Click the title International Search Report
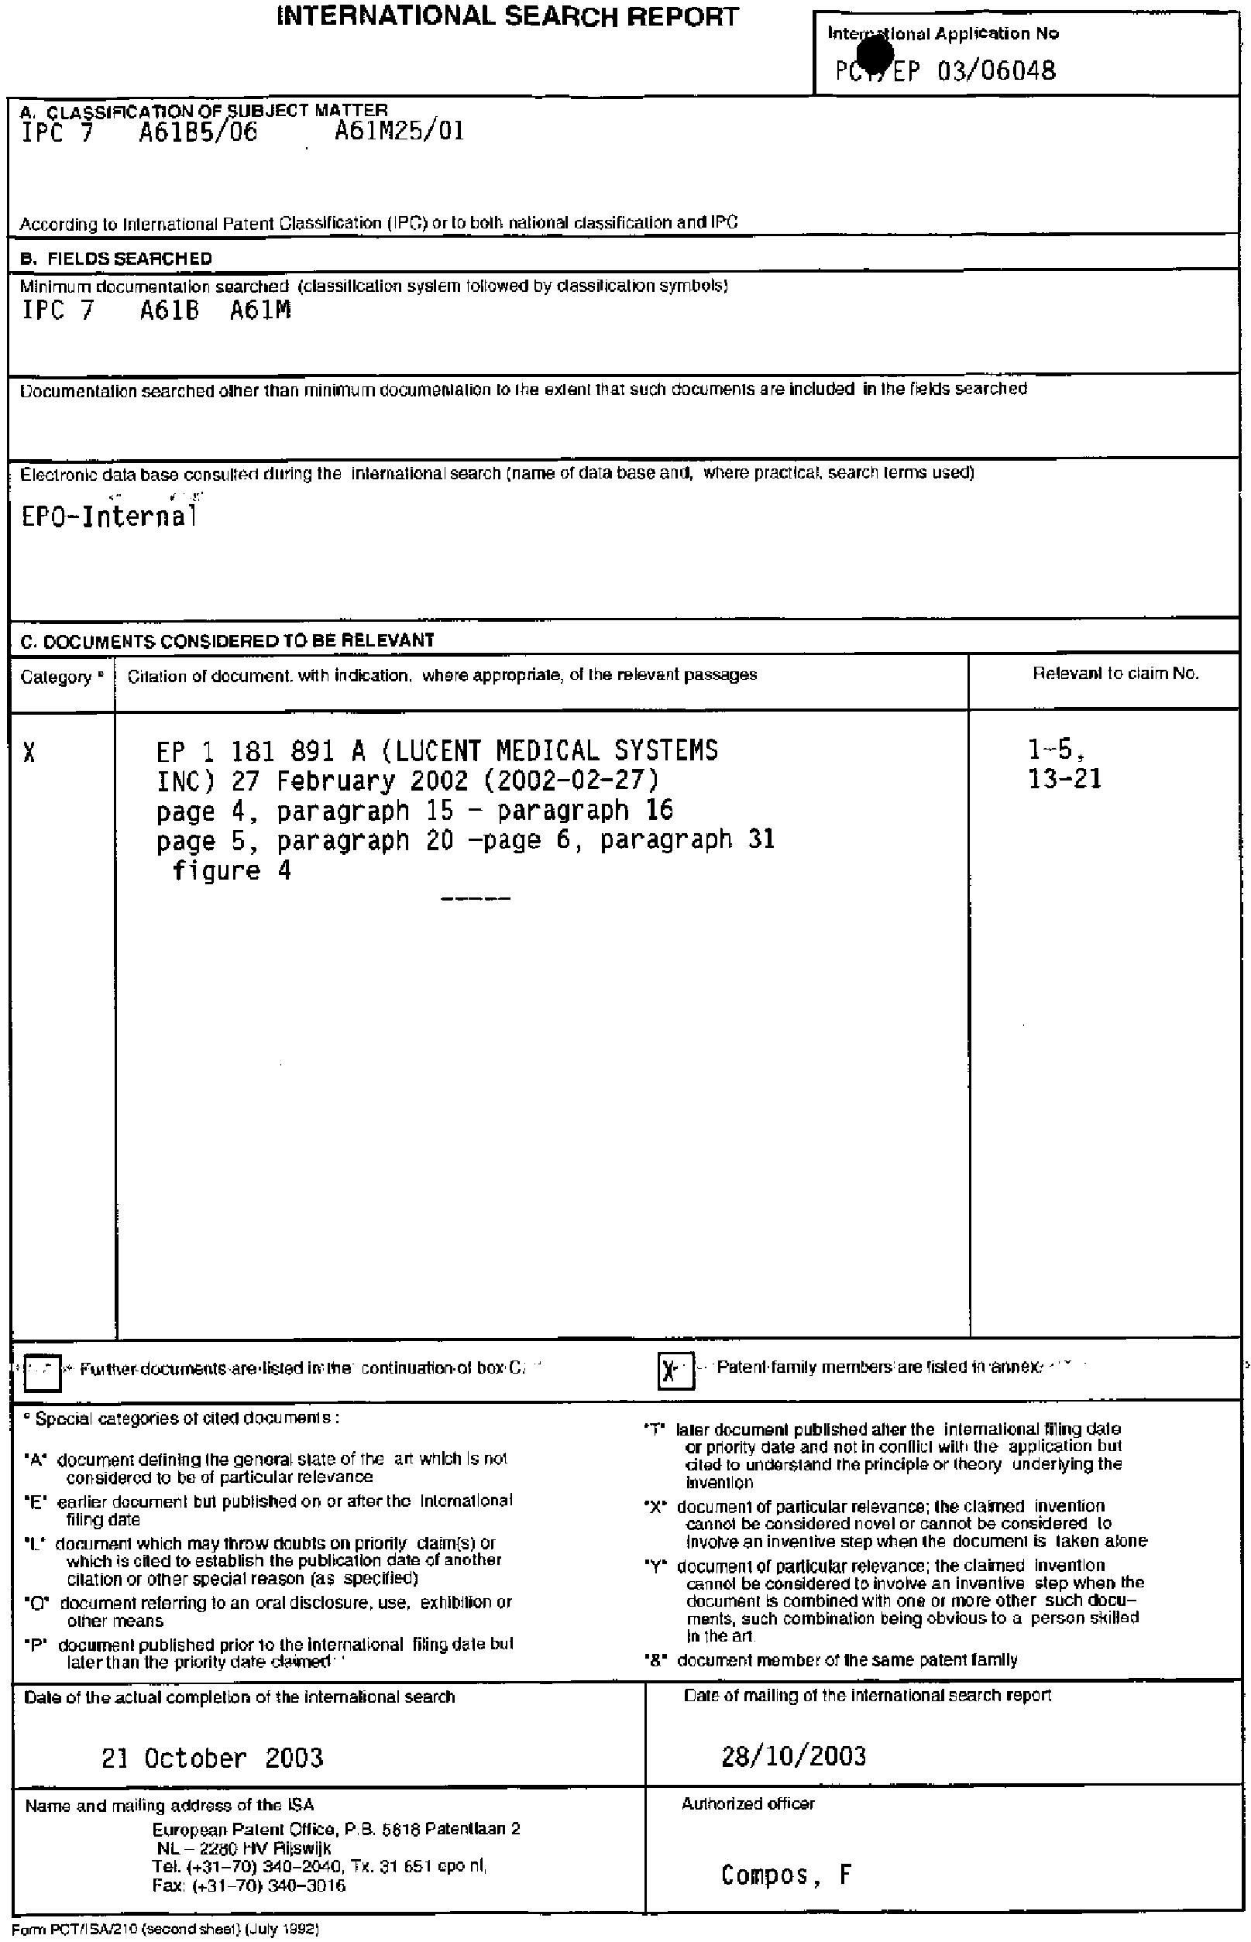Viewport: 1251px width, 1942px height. tap(507, 17)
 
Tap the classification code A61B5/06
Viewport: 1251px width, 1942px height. tap(198, 132)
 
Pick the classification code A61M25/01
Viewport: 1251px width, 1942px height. tap(399, 132)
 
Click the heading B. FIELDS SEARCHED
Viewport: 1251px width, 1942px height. tap(115, 259)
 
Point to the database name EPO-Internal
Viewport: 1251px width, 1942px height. tap(109, 517)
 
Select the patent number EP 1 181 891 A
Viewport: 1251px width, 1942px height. tap(260, 751)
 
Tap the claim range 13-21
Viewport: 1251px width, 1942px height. tap(1064, 781)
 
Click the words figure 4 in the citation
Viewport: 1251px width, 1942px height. tap(232, 871)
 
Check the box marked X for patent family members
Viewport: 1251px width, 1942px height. tap(675, 1371)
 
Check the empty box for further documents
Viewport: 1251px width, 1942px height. tap(43, 1373)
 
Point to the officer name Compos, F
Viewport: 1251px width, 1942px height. tap(785, 1875)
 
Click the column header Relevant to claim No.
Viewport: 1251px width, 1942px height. tap(1115, 674)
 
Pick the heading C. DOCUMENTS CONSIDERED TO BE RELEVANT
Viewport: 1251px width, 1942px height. tap(228, 640)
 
